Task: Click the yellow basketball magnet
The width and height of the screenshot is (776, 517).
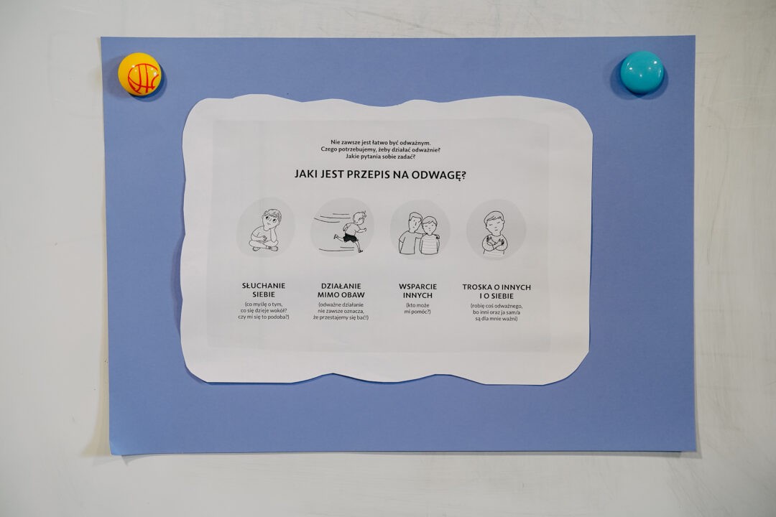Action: tap(139, 74)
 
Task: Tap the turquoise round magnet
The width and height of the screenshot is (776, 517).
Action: tap(642, 73)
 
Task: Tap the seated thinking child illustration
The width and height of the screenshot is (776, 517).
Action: tap(265, 230)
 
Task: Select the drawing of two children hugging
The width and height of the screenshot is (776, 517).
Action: tap(419, 233)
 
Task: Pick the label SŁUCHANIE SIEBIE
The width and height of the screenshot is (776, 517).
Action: tap(264, 290)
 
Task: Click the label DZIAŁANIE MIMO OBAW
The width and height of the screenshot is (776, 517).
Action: tap(341, 290)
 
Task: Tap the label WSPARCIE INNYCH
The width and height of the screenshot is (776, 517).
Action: tap(417, 291)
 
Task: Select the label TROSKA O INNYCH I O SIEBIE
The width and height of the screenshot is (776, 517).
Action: tap(496, 292)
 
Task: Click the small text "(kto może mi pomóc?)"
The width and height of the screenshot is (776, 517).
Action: tap(417, 309)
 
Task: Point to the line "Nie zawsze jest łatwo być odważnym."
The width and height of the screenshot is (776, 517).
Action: tap(381, 142)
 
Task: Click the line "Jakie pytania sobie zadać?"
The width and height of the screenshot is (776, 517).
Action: tap(380, 157)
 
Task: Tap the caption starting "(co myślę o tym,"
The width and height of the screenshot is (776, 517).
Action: tap(264, 311)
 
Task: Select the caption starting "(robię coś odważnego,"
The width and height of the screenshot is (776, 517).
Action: tap(496, 312)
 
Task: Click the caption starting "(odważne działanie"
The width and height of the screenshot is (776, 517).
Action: tap(341, 311)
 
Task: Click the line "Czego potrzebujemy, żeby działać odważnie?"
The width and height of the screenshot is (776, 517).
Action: tap(381, 149)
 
